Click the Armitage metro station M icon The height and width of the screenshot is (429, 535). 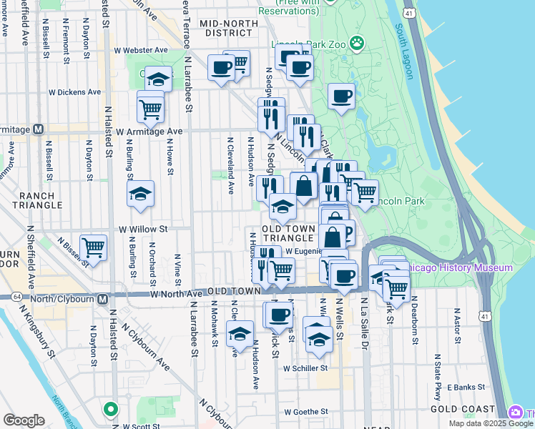39,129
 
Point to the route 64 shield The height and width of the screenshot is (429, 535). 16,296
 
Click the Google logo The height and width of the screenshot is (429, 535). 24,420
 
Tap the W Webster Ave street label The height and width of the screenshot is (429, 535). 141,50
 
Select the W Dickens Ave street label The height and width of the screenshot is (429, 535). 75,92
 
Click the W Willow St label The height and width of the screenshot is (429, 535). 142,230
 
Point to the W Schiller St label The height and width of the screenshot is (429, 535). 305,368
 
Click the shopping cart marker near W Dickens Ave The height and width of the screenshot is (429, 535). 150,109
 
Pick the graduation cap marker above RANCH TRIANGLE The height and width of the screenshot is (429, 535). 141,194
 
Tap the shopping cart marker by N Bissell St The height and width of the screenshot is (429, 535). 94,247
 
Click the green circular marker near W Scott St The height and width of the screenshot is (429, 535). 110,410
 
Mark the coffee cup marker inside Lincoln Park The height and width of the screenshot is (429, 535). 342,95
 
